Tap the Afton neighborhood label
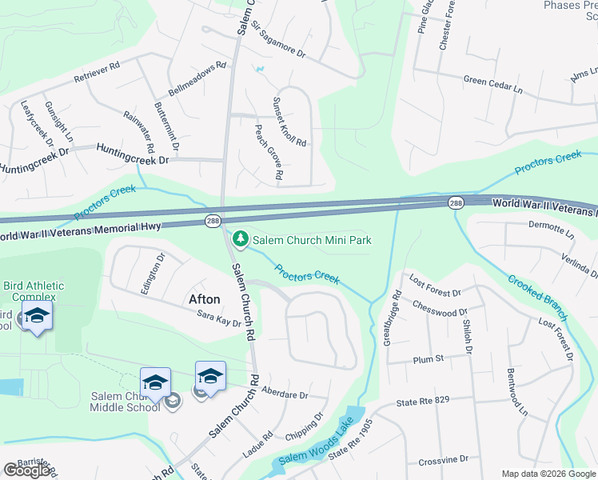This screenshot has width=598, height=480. tap(204, 299)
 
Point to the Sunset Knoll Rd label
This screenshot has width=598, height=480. tap(289, 122)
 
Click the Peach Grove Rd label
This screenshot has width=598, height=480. tap(269, 151)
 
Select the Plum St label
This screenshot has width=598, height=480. tap(428, 360)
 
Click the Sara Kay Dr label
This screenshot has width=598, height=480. tap(218, 321)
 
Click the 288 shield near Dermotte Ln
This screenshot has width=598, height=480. tap(456, 204)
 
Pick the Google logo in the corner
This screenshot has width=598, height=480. tap(27, 470)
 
